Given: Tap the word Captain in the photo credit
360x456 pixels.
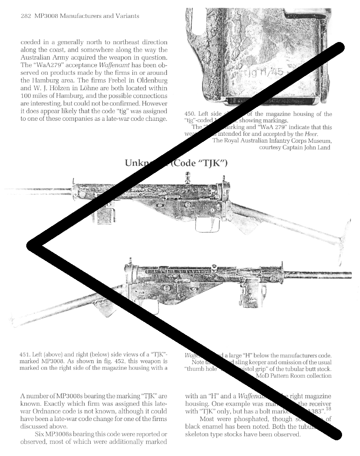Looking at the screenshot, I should coord(298,147).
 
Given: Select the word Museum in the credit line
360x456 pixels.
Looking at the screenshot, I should coord(318,140).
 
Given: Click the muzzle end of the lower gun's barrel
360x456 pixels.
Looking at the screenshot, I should coord(349,275).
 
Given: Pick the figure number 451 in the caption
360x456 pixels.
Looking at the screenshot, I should coord(25,354).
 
